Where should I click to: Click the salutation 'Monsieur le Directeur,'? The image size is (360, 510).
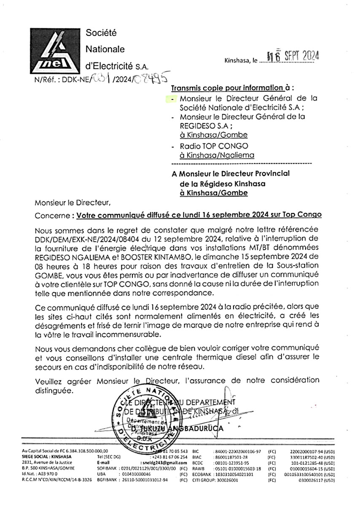73,203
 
